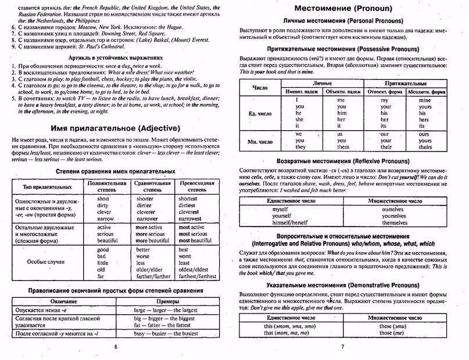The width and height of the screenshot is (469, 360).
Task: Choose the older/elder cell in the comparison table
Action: pos(149,270)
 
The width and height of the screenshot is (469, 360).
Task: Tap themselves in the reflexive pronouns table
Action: pos(395,223)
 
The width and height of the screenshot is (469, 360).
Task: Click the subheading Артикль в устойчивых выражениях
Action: pos(113,58)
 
